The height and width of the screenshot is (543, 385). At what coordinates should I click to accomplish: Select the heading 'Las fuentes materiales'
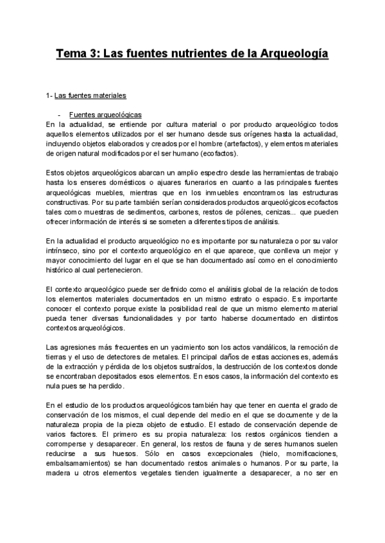pyautogui.click(x=90, y=96)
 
